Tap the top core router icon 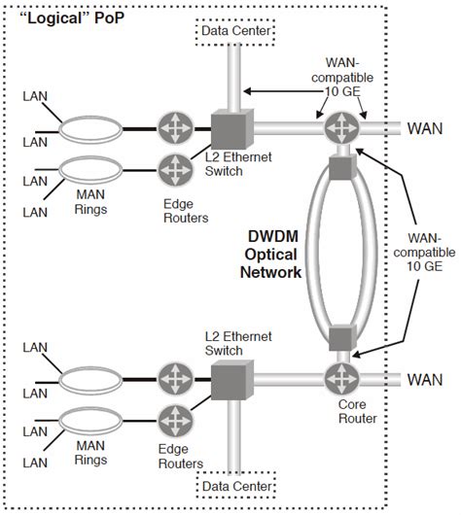(341, 127)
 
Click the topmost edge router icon (174, 127)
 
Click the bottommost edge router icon (174, 420)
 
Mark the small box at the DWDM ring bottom (341, 339)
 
